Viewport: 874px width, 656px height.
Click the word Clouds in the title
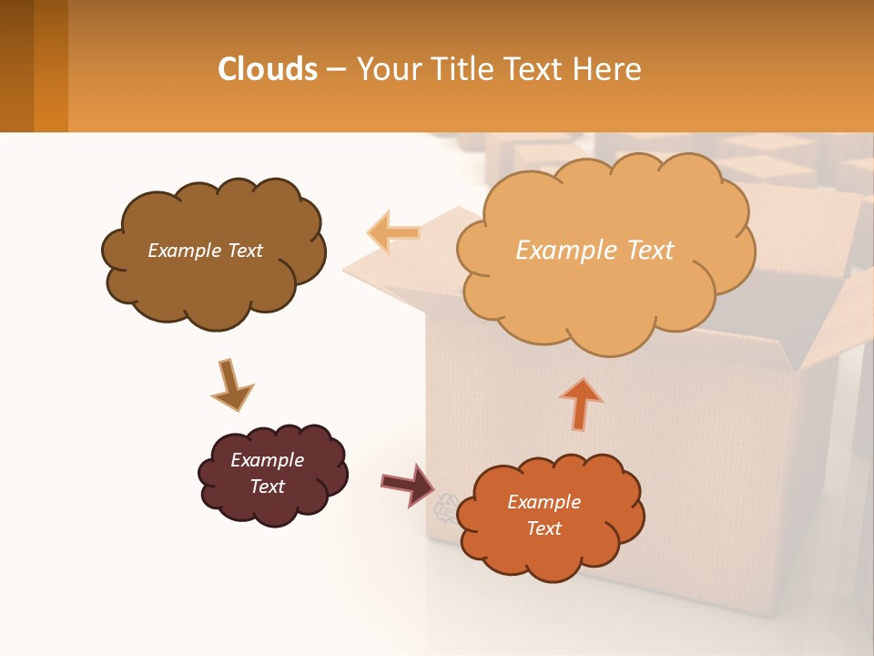coord(268,69)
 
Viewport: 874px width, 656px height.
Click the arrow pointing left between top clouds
coord(393,232)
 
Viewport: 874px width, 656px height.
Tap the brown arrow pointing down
coord(231,385)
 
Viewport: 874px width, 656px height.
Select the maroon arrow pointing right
coord(408,484)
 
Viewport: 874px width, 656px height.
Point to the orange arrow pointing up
coord(581,403)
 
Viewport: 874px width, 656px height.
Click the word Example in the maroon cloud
coord(267,460)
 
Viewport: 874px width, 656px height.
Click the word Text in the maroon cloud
coord(267,487)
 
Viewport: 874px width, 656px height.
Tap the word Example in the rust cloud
coord(544,502)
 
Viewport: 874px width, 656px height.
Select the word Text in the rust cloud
coord(544,528)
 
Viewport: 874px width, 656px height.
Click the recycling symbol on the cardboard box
coord(445,507)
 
